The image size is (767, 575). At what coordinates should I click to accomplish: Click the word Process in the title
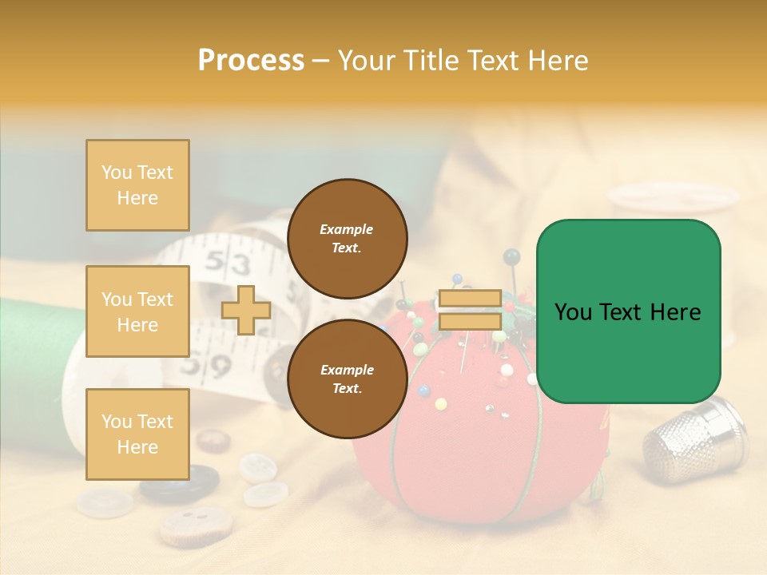(x=251, y=61)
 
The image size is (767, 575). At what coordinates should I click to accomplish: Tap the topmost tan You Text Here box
(x=137, y=185)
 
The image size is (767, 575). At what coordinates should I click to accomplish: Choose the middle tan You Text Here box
(x=137, y=311)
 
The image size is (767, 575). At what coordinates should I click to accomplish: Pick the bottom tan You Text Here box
(x=137, y=434)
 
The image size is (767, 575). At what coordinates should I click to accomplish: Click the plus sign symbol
(x=245, y=310)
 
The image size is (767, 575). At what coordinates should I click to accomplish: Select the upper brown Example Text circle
(x=347, y=238)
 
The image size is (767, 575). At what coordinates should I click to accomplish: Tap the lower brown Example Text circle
(x=347, y=379)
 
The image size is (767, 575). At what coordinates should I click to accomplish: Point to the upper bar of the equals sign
(x=470, y=299)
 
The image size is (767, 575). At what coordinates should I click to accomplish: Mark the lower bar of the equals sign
(x=470, y=321)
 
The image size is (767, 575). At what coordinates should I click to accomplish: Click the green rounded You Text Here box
(x=628, y=311)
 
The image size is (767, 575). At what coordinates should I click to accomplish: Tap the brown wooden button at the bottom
(x=195, y=525)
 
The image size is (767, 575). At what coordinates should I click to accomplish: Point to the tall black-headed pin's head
(x=511, y=256)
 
